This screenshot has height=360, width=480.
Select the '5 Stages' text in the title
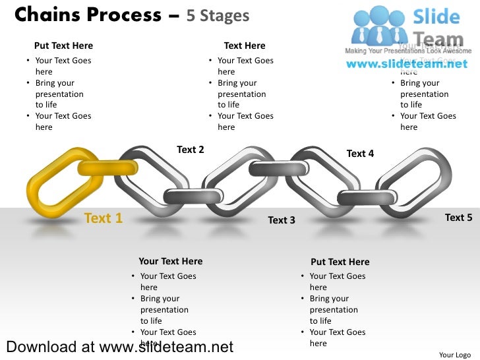218,16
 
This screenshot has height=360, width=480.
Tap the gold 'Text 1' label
104,218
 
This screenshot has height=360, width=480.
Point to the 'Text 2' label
191,150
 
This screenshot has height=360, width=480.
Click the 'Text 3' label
282,220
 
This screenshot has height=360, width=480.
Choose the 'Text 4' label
360,154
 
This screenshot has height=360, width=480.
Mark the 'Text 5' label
458,218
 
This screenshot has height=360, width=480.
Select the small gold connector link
107,167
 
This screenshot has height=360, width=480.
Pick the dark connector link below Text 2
193,196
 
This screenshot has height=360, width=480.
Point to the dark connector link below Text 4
366,197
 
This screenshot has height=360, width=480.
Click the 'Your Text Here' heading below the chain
171,262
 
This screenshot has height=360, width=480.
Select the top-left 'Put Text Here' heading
63,45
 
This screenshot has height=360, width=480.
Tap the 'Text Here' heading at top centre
245,45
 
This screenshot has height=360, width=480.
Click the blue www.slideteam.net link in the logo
407,64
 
